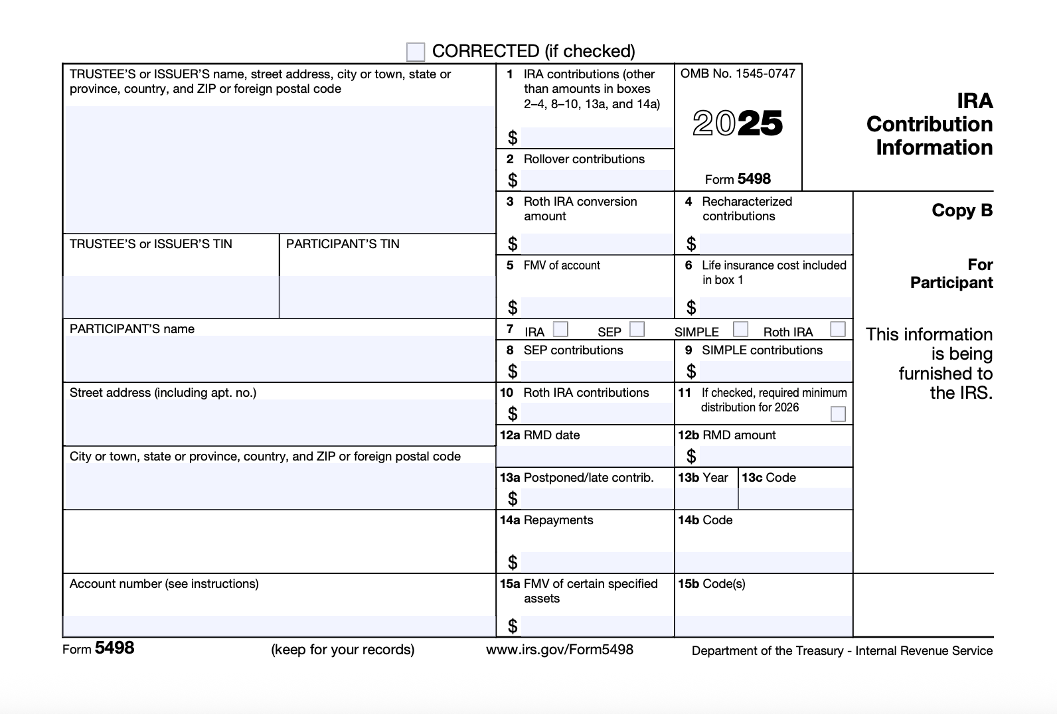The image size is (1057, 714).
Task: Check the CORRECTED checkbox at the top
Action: click(x=416, y=52)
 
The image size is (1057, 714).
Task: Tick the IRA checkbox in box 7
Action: click(x=561, y=329)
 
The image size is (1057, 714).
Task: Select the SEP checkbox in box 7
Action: click(x=637, y=329)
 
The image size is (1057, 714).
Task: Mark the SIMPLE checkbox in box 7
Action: click(x=741, y=329)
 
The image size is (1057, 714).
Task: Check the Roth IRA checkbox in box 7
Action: click(x=838, y=329)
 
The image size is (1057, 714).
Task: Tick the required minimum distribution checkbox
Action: click(x=839, y=414)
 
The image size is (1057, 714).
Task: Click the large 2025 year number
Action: click(x=738, y=123)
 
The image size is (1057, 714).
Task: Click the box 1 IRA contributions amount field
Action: click(x=596, y=137)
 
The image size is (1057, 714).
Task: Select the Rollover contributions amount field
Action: click(x=596, y=180)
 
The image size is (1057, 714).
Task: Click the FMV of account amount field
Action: click(x=596, y=307)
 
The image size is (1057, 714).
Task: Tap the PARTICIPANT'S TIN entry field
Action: click(x=387, y=297)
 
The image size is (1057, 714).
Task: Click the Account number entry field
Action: click(x=279, y=626)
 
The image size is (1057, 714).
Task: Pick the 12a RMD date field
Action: click(x=585, y=456)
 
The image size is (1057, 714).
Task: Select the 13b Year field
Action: click(x=706, y=498)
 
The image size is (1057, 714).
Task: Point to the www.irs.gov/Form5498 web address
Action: click(x=560, y=650)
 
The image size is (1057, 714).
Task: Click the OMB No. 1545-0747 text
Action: click(x=738, y=74)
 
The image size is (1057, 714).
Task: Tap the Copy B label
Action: click(x=962, y=210)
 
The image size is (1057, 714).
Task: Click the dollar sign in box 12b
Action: click(x=691, y=456)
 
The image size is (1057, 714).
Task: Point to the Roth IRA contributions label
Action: click(x=586, y=393)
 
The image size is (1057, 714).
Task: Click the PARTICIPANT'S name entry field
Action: click(x=279, y=358)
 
